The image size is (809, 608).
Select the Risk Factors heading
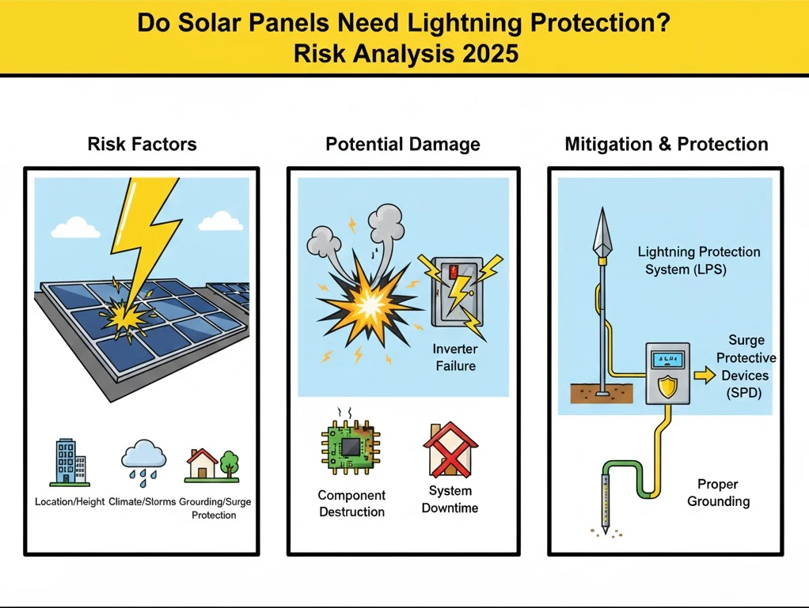pos(142,144)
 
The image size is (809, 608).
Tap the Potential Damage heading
pos(403,144)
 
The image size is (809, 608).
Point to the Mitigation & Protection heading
pos(667,144)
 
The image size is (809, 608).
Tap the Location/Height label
pos(70,502)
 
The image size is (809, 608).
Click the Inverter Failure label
pos(455,357)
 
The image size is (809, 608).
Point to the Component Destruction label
pos(351,504)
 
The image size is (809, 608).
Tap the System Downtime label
pos(450,499)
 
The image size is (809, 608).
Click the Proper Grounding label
pos(718,493)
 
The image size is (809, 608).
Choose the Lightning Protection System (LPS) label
pos(699,260)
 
